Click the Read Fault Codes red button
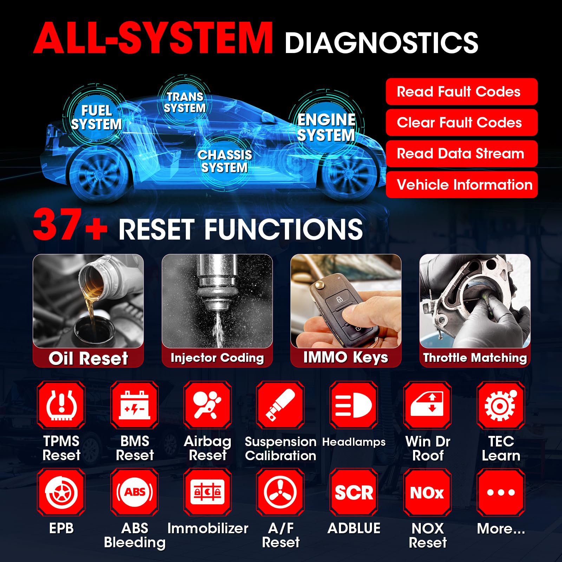(x=462, y=92)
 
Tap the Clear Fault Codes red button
(x=462, y=123)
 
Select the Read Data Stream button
(x=462, y=153)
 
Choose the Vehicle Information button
(x=462, y=185)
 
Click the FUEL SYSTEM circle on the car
(x=96, y=117)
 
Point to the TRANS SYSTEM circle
(x=185, y=102)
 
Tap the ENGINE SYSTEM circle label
(x=326, y=127)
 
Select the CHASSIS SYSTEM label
(x=225, y=161)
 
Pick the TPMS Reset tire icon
(x=61, y=405)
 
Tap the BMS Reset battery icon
(x=135, y=405)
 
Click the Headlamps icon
(x=354, y=405)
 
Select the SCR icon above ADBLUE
(x=354, y=492)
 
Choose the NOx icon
(x=427, y=492)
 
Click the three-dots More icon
(x=501, y=492)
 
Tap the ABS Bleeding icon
(x=135, y=492)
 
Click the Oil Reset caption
(x=88, y=358)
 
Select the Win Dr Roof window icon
(x=427, y=405)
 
